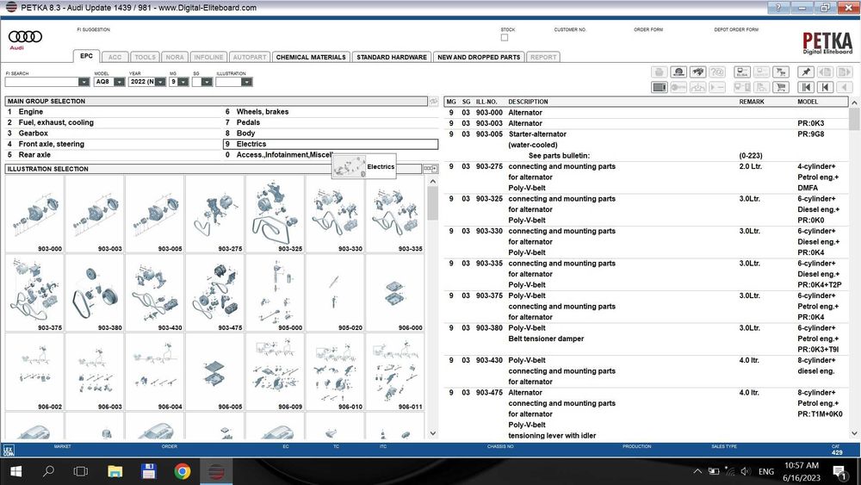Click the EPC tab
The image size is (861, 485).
[86, 57]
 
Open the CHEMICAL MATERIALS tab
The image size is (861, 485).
[311, 57]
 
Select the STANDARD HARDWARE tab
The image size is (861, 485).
[392, 57]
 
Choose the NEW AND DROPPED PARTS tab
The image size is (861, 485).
[479, 57]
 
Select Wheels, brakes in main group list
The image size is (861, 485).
[262, 112]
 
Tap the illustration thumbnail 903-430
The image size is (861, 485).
[154, 293]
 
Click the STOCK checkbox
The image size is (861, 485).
[505, 38]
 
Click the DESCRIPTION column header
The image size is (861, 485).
[528, 102]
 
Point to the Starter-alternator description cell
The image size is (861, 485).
[537, 134]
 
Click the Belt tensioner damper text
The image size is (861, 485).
[545, 339]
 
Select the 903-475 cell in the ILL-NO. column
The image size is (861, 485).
[489, 393]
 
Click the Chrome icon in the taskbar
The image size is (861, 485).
[183, 471]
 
